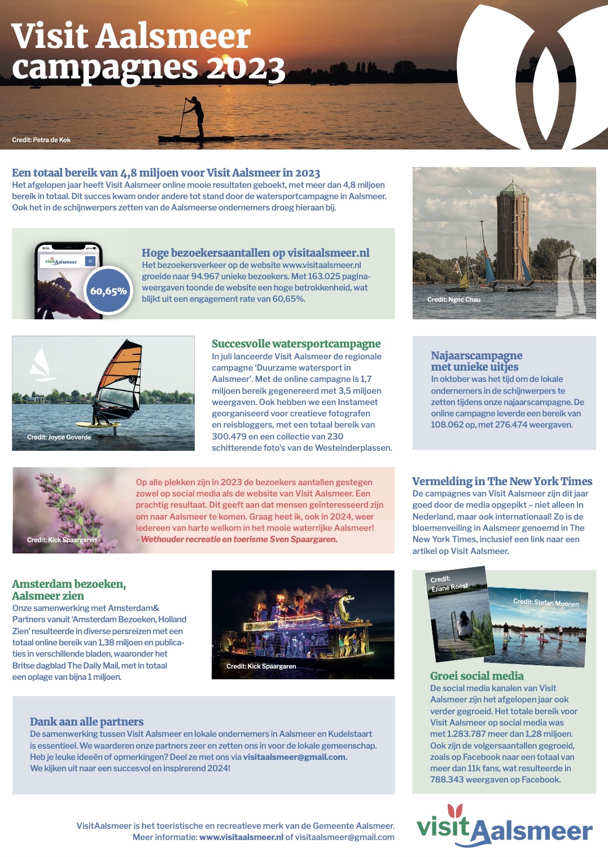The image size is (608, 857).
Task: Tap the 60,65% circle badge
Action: tap(108, 291)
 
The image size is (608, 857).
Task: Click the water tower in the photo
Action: tap(512, 231)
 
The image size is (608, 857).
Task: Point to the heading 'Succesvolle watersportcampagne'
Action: tap(296, 344)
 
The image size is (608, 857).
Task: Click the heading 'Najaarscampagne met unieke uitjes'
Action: tap(476, 361)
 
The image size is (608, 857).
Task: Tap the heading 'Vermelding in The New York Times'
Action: tap(502, 481)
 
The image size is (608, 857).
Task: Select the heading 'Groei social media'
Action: tap(476, 676)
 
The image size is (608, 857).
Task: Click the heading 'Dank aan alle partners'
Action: tap(86, 722)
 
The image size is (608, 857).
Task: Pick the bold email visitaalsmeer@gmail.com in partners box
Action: tap(294, 757)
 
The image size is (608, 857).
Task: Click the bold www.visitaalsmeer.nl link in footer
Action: tap(241, 837)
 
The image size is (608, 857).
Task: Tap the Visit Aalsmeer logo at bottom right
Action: tap(504, 827)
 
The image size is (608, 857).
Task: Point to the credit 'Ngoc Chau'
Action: tap(464, 300)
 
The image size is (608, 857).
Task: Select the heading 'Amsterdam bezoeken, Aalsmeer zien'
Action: tap(68, 590)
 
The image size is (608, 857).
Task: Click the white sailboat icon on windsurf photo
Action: tap(40, 364)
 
